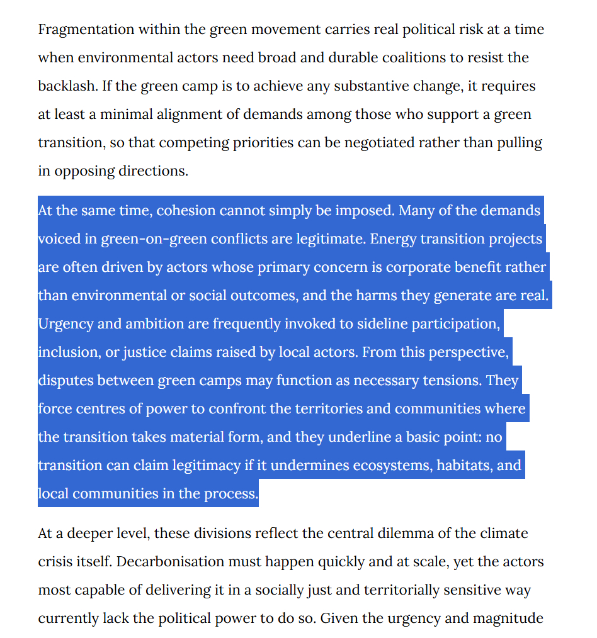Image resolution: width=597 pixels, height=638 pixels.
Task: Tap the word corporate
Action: coord(417,267)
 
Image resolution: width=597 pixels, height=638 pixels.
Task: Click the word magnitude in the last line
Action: coord(509,618)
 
